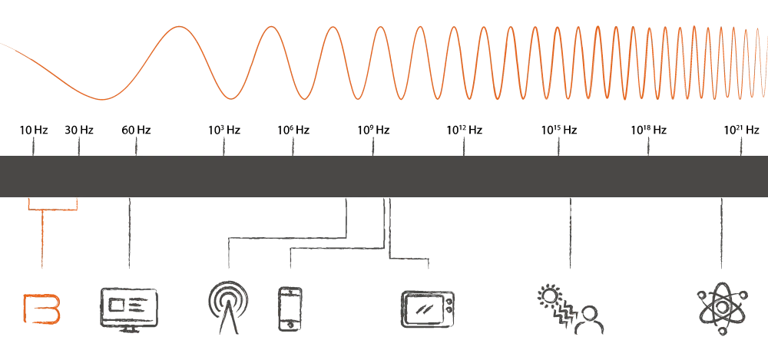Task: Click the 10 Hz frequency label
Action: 34,130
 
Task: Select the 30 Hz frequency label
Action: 80,130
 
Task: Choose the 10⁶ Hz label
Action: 292,130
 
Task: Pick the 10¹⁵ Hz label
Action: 558,130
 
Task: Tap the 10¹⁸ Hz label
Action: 649,130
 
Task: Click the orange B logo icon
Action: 42,306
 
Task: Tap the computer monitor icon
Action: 129,306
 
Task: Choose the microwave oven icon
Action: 429,306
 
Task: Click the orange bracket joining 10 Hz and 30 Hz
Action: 53,208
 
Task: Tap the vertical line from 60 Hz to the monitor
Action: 128,234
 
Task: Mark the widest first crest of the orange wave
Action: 180,27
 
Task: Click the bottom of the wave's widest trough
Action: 103,100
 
